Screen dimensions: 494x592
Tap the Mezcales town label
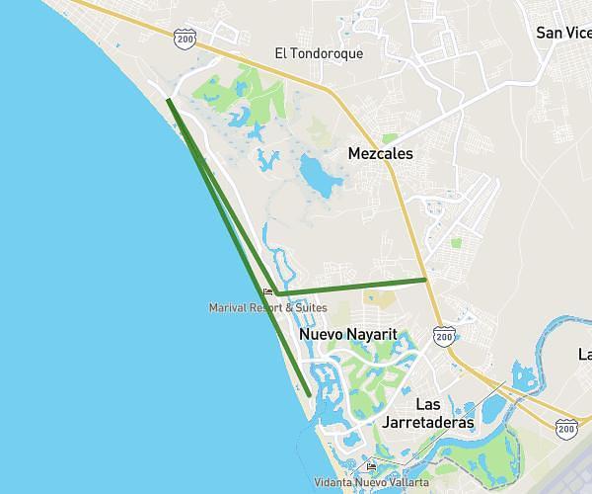[x=380, y=154]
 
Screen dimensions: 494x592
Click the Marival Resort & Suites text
[x=267, y=307]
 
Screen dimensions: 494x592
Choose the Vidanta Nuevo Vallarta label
[x=371, y=482]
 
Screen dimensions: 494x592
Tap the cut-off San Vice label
[x=562, y=33]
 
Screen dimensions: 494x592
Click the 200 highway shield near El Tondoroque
[x=184, y=38]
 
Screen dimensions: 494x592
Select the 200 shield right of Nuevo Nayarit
[x=445, y=336]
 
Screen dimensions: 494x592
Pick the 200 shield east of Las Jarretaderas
[x=566, y=427]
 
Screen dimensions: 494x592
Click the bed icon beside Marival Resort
[x=267, y=292]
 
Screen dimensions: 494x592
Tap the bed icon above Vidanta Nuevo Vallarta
[x=371, y=467]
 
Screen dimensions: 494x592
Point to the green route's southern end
[x=310, y=396]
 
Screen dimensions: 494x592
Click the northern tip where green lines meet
[x=169, y=101]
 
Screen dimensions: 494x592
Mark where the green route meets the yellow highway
[x=426, y=280]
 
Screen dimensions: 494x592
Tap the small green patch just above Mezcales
[x=391, y=138]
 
